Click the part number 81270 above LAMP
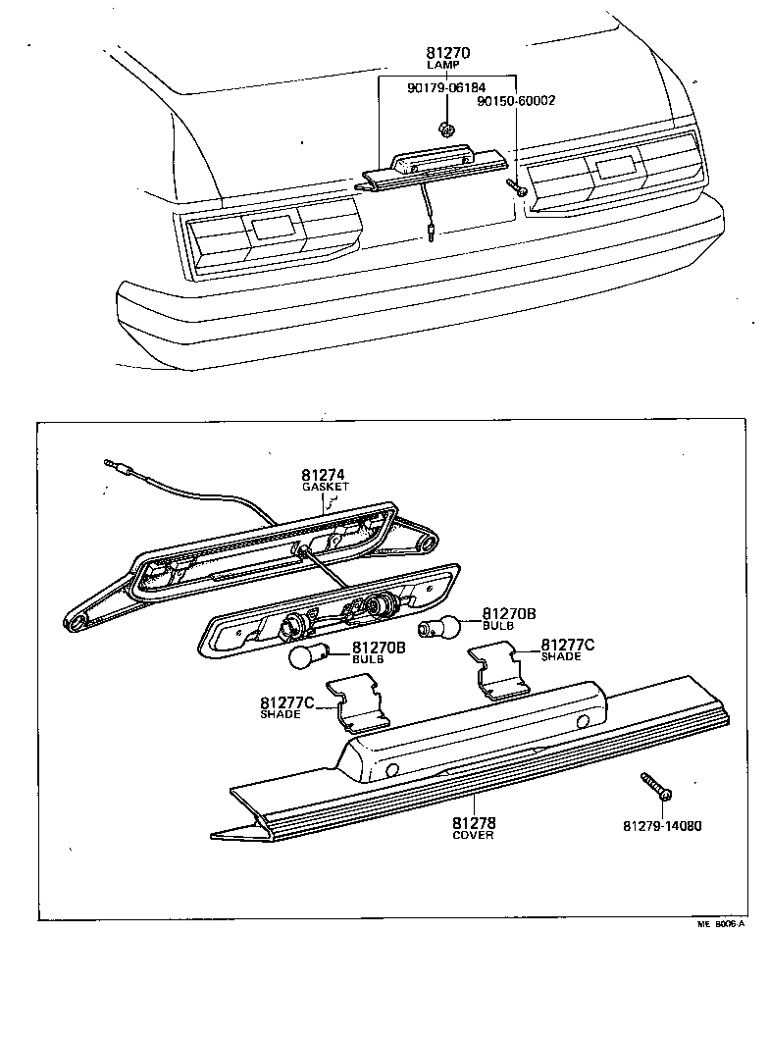tap(448, 52)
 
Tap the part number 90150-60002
tap(516, 101)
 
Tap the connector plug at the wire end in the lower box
tap(116, 465)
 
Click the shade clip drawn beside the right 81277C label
tap(497, 669)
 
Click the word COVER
tap(473, 836)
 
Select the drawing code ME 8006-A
tap(722, 924)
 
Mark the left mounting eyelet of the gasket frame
tap(75, 620)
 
